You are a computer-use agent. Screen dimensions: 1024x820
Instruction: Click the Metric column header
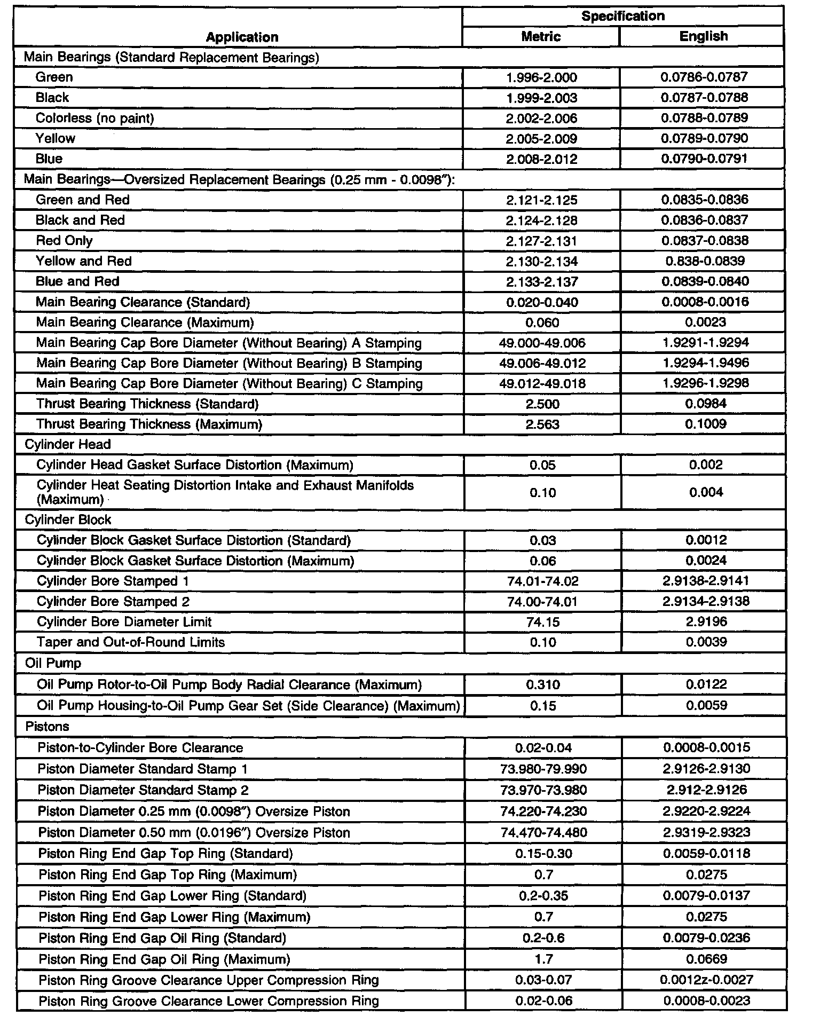click(x=541, y=36)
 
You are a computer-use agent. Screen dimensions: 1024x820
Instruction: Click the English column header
click(x=703, y=36)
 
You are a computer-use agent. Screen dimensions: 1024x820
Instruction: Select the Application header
click(x=242, y=37)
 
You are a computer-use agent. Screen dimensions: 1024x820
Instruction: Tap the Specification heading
click(x=623, y=16)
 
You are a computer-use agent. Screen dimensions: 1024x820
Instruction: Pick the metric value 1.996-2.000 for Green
click(x=541, y=77)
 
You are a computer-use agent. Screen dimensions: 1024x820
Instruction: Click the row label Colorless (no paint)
click(x=94, y=118)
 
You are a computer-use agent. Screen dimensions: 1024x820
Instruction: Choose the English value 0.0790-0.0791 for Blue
click(x=704, y=159)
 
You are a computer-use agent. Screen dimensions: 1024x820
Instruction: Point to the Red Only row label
click(x=64, y=241)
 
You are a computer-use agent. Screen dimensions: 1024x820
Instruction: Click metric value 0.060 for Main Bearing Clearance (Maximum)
click(x=542, y=322)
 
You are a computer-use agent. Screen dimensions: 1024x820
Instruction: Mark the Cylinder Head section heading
click(x=68, y=445)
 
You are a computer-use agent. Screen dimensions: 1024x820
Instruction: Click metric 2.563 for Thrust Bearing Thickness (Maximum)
click(x=542, y=424)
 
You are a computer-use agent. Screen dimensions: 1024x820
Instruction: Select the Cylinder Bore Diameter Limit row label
click(x=124, y=622)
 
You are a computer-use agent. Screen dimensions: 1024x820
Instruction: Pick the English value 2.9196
click(x=706, y=622)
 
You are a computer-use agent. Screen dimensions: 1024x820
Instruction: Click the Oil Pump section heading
click(x=53, y=663)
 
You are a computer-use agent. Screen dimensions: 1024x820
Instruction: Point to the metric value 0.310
click(x=543, y=685)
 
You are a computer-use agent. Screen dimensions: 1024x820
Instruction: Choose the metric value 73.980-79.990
click(x=543, y=769)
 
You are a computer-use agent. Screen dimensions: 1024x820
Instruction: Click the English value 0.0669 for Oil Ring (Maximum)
click(x=706, y=959)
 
